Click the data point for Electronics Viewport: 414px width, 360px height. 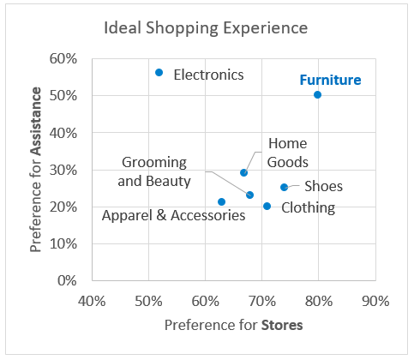(x=159, y=73)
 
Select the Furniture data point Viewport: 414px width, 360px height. (x=317, y=94)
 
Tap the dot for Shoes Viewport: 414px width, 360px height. (x=284, y=187)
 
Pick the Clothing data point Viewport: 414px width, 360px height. (x=267, y=206)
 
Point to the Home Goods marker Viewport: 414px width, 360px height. (x=243, y=172)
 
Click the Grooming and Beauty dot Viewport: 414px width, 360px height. (x=249, y=195)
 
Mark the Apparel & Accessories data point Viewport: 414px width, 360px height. (x=221, y=201)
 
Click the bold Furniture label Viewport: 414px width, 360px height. (x=330, y=80)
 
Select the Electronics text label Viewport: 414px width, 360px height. (x=208, y=75)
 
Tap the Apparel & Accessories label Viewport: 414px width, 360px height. (x=174, y=215)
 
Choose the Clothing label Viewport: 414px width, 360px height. (x=309, y=207)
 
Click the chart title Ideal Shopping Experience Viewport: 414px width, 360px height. (x=206, y=28)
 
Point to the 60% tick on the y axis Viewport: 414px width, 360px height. (x=63, y=58)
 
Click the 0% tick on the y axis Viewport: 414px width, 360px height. (x=67, y=280)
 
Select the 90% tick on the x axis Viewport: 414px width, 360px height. (x=375, y=301)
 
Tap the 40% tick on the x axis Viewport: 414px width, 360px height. (x=92, y=301)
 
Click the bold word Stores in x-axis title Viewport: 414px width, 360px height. (x=282, y=326)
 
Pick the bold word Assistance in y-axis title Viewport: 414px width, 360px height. (x=36, y=121)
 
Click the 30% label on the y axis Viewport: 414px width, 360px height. (x=63, y=171)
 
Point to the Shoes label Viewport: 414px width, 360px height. (x=323, y=186)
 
